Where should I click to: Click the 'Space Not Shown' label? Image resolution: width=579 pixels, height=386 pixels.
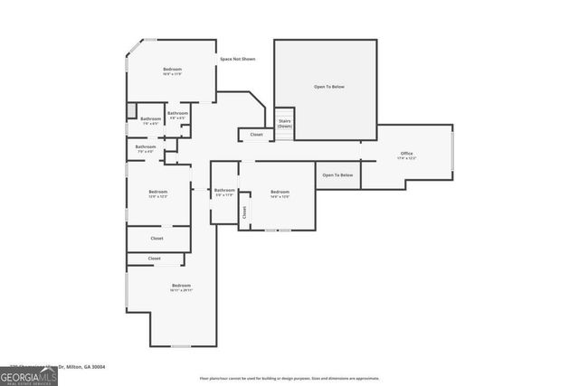point(237,59)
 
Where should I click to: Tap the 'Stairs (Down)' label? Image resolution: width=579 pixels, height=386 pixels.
point(284,123)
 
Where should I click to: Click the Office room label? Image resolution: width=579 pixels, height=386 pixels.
point(406,156)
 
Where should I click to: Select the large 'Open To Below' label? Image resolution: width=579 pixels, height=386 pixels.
point(329,87)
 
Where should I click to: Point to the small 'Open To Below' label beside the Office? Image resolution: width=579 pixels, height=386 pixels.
point(337,174)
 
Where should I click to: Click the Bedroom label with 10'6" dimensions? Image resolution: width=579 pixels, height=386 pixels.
point(172,71)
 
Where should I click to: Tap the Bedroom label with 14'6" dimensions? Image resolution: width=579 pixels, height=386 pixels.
point(280,193)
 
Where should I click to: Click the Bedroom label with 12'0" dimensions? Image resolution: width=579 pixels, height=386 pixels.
point(157,193)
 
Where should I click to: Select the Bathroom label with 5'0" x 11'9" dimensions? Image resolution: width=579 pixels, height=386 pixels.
point(224,192)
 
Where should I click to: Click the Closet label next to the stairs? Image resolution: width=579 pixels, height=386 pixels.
point(257,135)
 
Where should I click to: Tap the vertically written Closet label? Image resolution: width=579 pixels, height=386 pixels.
point(243,212)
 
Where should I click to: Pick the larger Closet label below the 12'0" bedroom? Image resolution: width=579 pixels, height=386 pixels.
point(157,239)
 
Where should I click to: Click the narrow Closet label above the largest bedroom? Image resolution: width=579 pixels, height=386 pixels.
point(155,259)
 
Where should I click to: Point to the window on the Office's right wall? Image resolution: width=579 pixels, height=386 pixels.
point(451,155)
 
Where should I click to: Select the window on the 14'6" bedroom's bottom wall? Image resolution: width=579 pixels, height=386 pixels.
point(271,231)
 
